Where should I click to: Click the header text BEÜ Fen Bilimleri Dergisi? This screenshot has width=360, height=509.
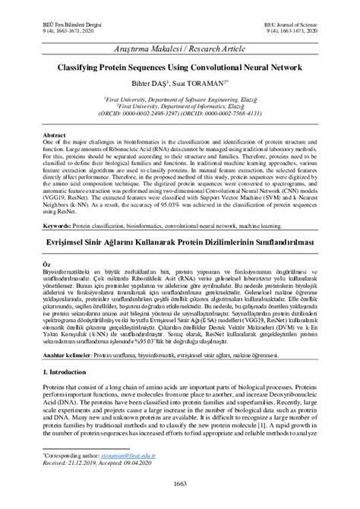pos(62,24)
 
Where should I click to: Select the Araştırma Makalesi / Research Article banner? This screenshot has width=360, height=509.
pos(180,51)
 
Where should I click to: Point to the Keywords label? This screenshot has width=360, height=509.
pos(58,226)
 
